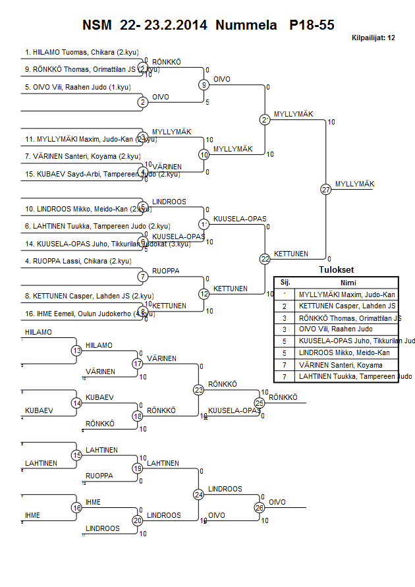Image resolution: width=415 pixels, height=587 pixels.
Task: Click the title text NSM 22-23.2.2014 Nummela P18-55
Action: click(x=208, y=26)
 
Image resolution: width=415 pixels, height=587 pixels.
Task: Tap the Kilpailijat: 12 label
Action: click(x=373, y=38)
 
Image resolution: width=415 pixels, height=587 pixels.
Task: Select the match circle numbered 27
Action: click(x=325, y=189)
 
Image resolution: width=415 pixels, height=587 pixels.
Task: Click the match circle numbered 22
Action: click(x=265, y=259)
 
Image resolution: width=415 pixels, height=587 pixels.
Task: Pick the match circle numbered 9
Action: click(x=204, y=84)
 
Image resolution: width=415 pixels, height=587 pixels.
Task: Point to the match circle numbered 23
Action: click(x=199, y=389)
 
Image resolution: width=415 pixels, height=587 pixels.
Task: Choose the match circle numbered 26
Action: click(x=259, y=507)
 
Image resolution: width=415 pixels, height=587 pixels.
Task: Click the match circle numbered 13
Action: click(x=77, y=350)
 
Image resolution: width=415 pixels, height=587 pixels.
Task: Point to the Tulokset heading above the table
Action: click(x=336, y=270)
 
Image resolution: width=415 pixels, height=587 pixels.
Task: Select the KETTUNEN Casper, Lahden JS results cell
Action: click(x=346, y=306)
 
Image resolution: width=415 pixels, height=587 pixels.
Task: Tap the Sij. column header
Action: click(x=285, y=282)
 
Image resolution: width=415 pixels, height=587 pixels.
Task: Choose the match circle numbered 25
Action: click(x=259, y=403)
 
